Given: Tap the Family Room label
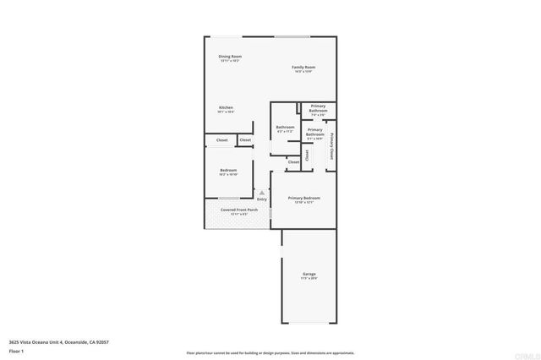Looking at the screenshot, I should [304, 67].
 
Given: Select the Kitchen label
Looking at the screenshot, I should [227, 107].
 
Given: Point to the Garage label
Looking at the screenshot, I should [309, 274].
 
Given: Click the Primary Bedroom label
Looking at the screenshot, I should [303, 197].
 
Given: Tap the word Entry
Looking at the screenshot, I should [262, 199].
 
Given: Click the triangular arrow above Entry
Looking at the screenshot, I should [262, 192].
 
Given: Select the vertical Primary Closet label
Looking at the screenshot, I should [332, 147].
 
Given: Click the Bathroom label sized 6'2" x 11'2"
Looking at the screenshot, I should [285, 127].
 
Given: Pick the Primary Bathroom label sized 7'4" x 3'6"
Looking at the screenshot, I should [318, 108].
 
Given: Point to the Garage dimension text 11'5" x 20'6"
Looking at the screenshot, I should [309, 278].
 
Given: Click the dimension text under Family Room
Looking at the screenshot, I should [304, 71].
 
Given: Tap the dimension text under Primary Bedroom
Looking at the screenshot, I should [303, 202].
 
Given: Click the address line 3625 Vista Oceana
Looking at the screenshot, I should [59, 342].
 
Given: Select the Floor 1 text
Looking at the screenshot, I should [15, 351].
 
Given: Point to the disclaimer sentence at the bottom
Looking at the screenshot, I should [270, 352].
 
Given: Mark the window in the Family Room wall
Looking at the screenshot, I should [292, 36].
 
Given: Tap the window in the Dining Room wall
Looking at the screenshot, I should [225, 36].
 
